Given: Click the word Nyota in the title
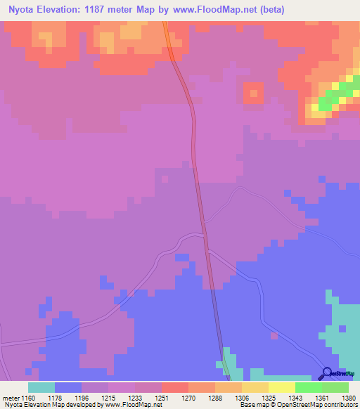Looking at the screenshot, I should pos(23,11).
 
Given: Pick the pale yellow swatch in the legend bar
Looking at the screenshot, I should pos(281,387).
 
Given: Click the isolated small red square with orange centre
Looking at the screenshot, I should pos(252,93).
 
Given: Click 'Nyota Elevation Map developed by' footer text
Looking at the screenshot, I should pos(51,405).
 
